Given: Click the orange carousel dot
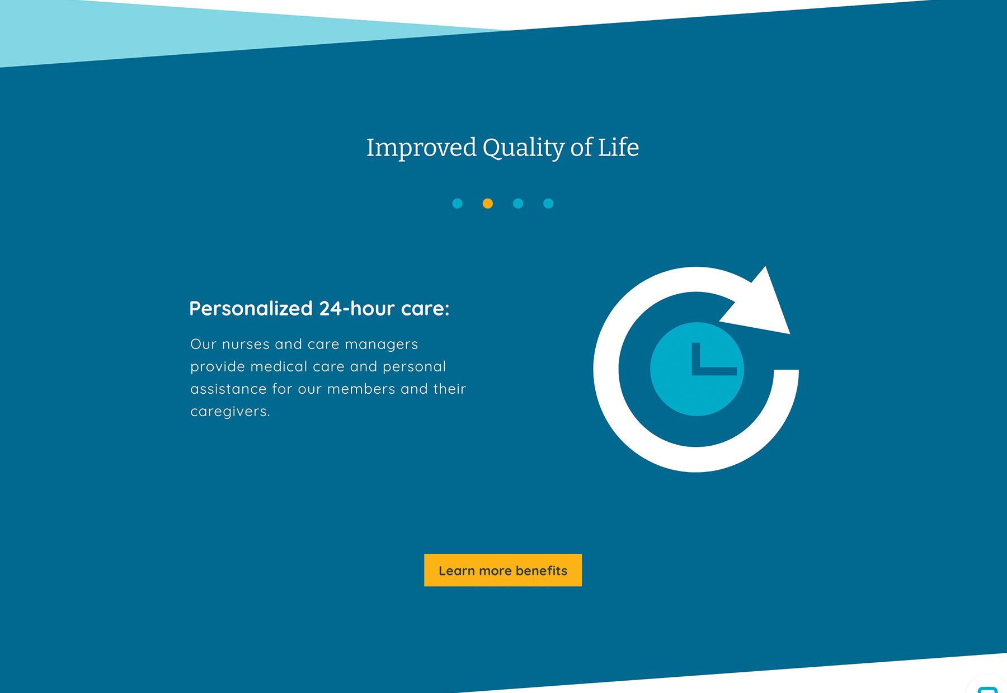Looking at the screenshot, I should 488,204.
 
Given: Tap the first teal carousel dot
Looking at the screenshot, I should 458,204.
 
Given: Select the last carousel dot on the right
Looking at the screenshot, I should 548,204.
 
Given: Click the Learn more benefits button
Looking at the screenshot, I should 502,570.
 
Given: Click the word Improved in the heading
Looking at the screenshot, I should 421,148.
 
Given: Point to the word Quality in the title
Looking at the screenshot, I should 524,148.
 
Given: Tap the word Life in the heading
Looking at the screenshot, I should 618,148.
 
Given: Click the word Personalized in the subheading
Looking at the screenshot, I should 251,309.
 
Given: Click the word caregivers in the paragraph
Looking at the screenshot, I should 229,412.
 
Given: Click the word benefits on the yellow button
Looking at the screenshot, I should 541,571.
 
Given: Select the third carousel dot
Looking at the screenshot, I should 518,204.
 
